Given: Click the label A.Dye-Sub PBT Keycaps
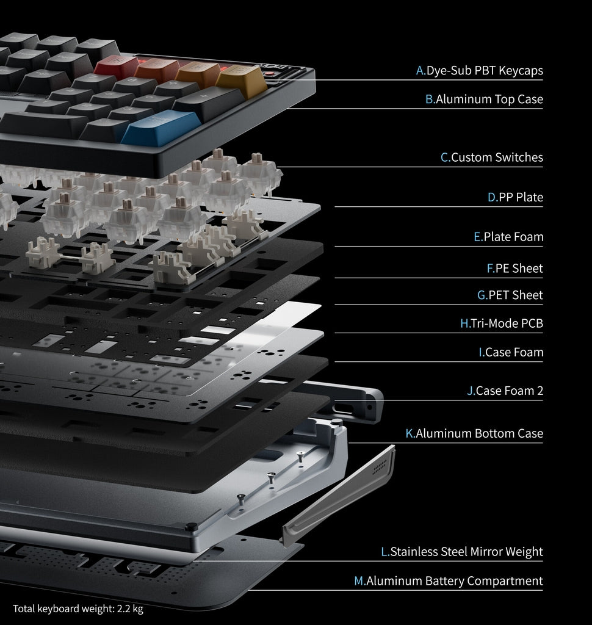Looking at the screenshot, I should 479,71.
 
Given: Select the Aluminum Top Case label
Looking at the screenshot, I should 484,99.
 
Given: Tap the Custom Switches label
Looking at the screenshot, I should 492,157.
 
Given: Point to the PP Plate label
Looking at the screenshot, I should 515,197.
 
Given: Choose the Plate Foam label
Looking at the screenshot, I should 508,237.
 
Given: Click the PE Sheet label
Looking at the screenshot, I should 514,268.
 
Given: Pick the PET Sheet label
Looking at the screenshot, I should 510,295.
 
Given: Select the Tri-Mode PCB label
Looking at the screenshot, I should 502,323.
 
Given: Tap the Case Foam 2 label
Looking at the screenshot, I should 505,391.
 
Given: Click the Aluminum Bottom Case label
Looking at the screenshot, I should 474,433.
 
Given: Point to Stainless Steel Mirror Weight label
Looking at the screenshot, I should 462,552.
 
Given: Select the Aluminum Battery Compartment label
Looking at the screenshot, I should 449,581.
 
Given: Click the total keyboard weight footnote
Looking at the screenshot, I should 78,609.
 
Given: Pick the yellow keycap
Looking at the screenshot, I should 241,81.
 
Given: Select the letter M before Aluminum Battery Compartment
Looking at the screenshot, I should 359,581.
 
